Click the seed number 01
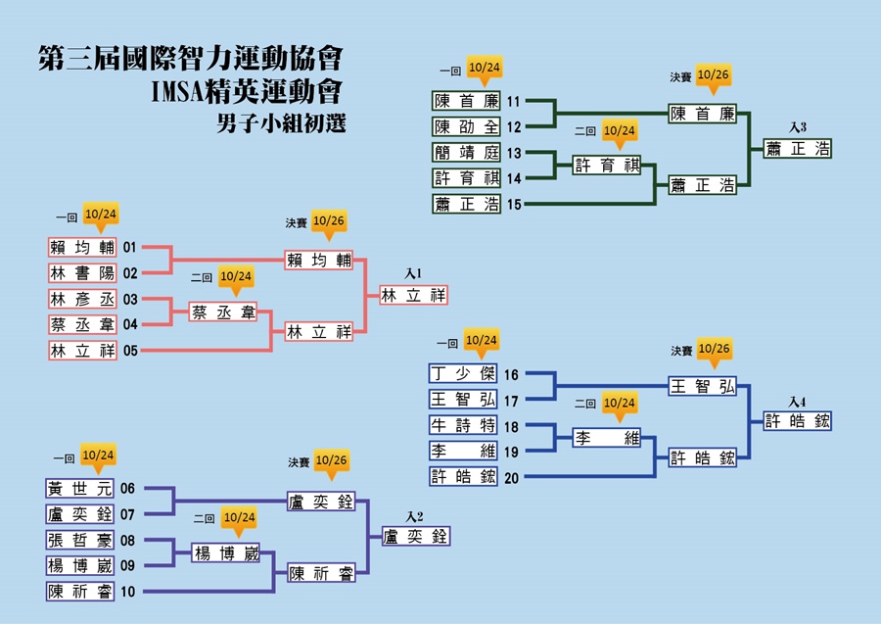(x=130, y=247)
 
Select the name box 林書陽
(x=82, y=273)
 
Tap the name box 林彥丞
(x=82, y=299)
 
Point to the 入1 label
(x=413, y=273)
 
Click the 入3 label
(x=797, y=127)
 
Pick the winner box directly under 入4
(x=797, y=421)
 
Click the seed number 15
(x=514, y=204)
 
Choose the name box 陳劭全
(x=466, y=127)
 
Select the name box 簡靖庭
(x=466, y=153)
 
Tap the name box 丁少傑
(x=463, y=373)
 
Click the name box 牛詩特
(x=463, y=425)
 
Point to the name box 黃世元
(x=80, y=489)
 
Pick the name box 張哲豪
(x=80, y=540)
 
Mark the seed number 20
(x=511, y=478)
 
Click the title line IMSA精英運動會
(x=247, y=92)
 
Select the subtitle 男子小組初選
(x=281, y=123)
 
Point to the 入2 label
(x=415, y=516)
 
